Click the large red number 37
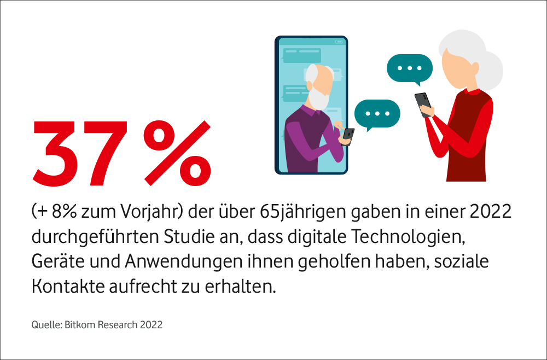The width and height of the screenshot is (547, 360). tap(82, 153)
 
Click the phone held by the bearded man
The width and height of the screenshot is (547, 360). tap(348, 135)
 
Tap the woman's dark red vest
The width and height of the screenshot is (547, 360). tap(468, 137)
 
